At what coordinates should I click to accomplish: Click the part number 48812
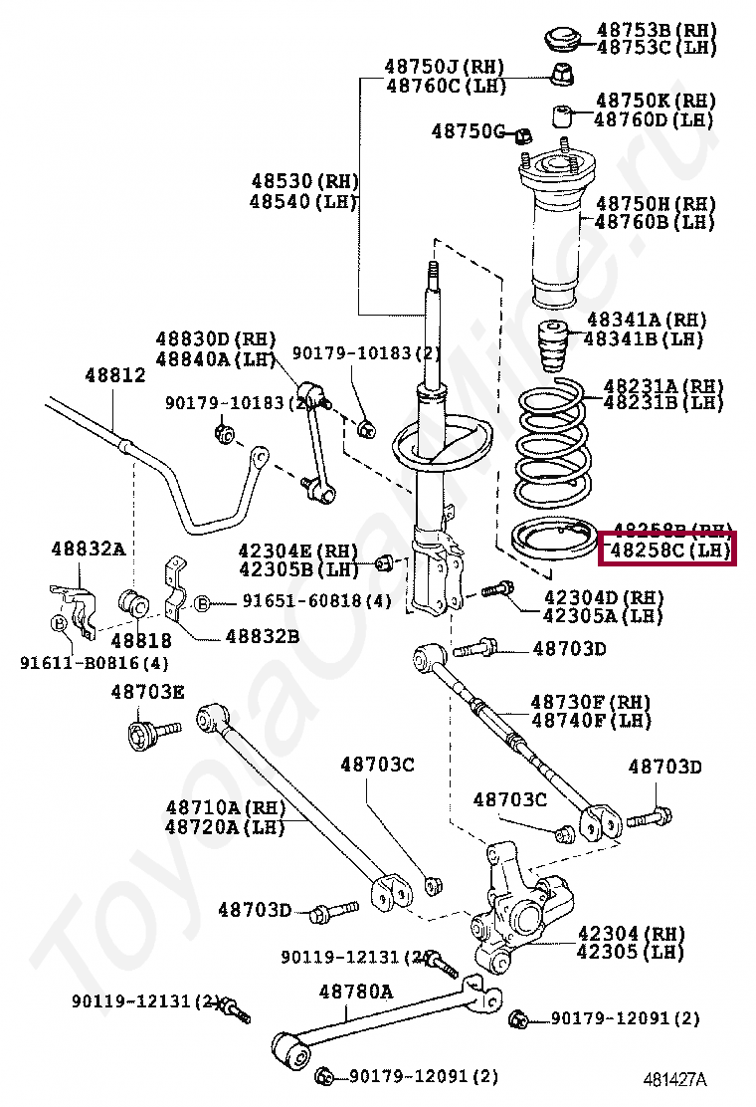point(114,375)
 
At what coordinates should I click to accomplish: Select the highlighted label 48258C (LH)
point(666,549)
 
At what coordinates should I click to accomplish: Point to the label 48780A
point(355,992)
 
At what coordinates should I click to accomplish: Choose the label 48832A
point(89,549)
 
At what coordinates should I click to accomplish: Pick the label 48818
point(141,640)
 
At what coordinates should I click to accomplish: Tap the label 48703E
point(147,692)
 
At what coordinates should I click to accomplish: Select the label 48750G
point(469,131)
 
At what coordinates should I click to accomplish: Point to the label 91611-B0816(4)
point(94,663)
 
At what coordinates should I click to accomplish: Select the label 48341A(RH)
point(646,320)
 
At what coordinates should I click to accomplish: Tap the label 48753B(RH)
point(655,29)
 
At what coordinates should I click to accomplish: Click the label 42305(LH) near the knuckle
point(631,952)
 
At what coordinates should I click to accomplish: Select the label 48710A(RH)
point(224,807)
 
